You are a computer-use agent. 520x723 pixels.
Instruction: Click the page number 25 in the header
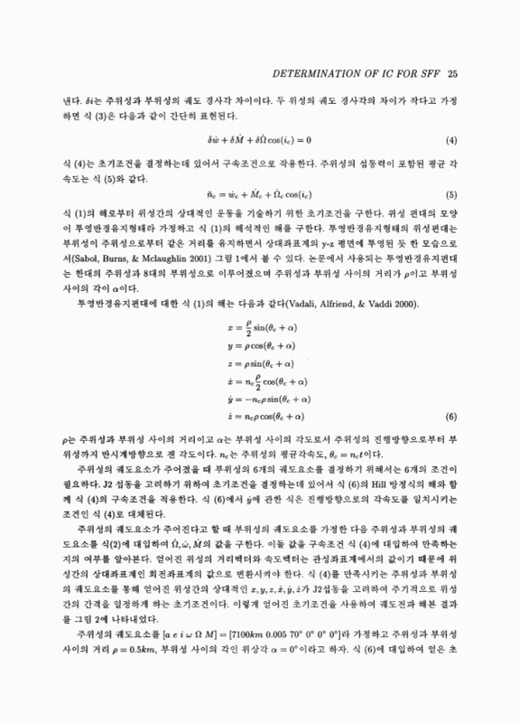[x=454, y=73]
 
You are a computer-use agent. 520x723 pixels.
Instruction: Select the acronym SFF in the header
[x=426, y=73]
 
